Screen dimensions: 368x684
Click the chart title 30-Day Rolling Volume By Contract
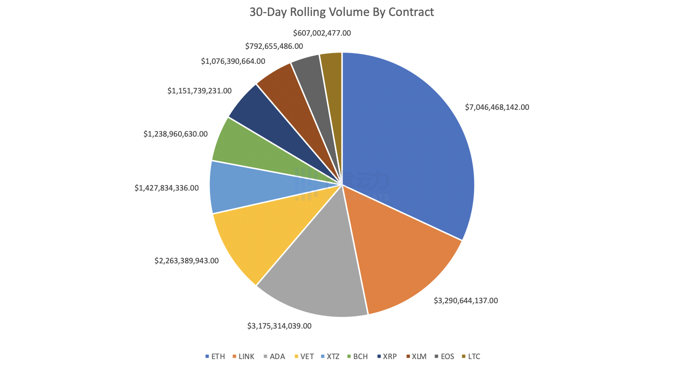point(342,12)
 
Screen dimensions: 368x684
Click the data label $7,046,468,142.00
point(497,107)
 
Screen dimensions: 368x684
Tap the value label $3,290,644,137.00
point(466,300)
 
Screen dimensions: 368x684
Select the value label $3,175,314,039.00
point(280,325)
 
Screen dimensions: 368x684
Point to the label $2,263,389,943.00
point(187,261)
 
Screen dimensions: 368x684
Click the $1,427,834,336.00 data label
point(166,188)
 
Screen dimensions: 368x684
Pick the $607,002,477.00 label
point(322,33)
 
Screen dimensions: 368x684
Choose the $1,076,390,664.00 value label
point(233,61)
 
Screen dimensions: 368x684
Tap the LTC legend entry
point(471,356)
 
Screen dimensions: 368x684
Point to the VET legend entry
point(304,356)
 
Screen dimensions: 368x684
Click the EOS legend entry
point(444,356)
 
